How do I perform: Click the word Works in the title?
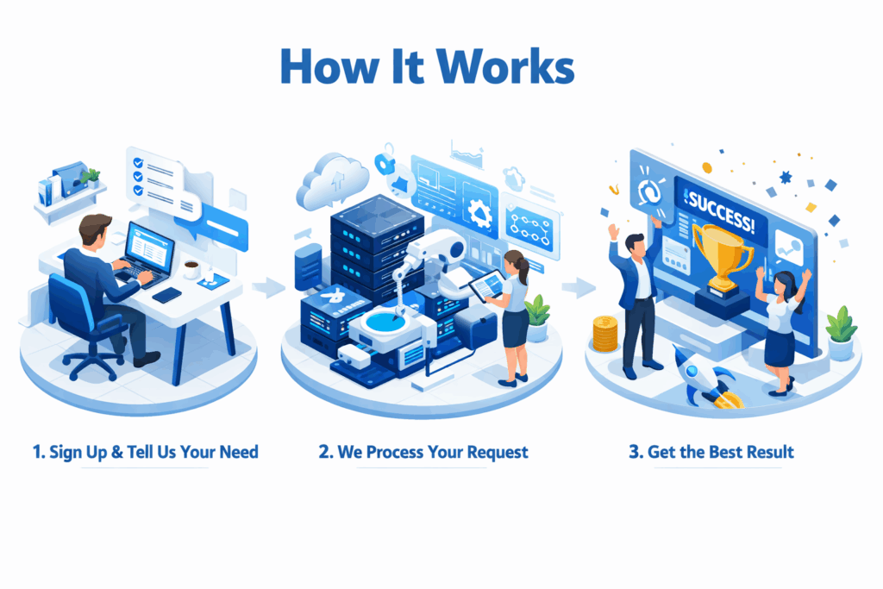coord(505,66)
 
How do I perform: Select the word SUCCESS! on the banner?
coord(722,211)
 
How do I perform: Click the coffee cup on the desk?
coord(191,270)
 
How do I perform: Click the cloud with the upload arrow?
coord(333,179)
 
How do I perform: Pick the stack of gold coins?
coord(605,334)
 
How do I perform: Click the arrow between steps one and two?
coord(269,286)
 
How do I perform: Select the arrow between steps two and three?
coord(579,287)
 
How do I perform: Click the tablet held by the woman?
coord(487,285)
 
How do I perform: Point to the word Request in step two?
coord(498,452)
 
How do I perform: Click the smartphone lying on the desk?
coord(167,295)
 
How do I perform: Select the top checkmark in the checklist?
coord(138,163)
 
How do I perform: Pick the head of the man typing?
coord(94,230)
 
